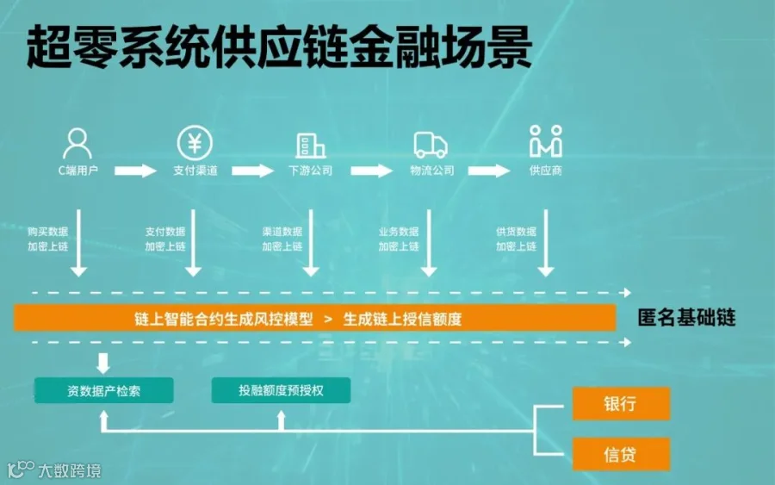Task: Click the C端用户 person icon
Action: (x=77, y=143)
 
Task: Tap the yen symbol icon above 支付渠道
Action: (x=195, y=143)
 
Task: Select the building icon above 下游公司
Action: (x=310, y=146)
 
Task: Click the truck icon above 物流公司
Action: (x=431, y=145)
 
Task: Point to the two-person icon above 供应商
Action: (x=546, y=141)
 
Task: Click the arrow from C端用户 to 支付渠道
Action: (x=135, y=171)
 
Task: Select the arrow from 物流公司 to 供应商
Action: (x=489, y=171)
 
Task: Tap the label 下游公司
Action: (x=310, y=171)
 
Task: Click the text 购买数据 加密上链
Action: (x=47, y=239)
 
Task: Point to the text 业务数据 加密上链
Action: (x=399, y=239)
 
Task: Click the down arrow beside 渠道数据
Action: (x=311, y=243)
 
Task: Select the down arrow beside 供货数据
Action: (x=546, y=243)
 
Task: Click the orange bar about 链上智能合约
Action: (x=315, y=318)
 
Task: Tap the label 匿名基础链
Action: (x=686, y=318)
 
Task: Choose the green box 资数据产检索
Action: (x=104, y=390)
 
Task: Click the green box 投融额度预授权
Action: (x=282, y=390)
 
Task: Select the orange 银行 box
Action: (x=621, y=404)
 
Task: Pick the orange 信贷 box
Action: (x=621, y=454)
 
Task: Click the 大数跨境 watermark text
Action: (x=70, y=470)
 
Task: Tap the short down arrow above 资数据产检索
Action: (x=103, y=364)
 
